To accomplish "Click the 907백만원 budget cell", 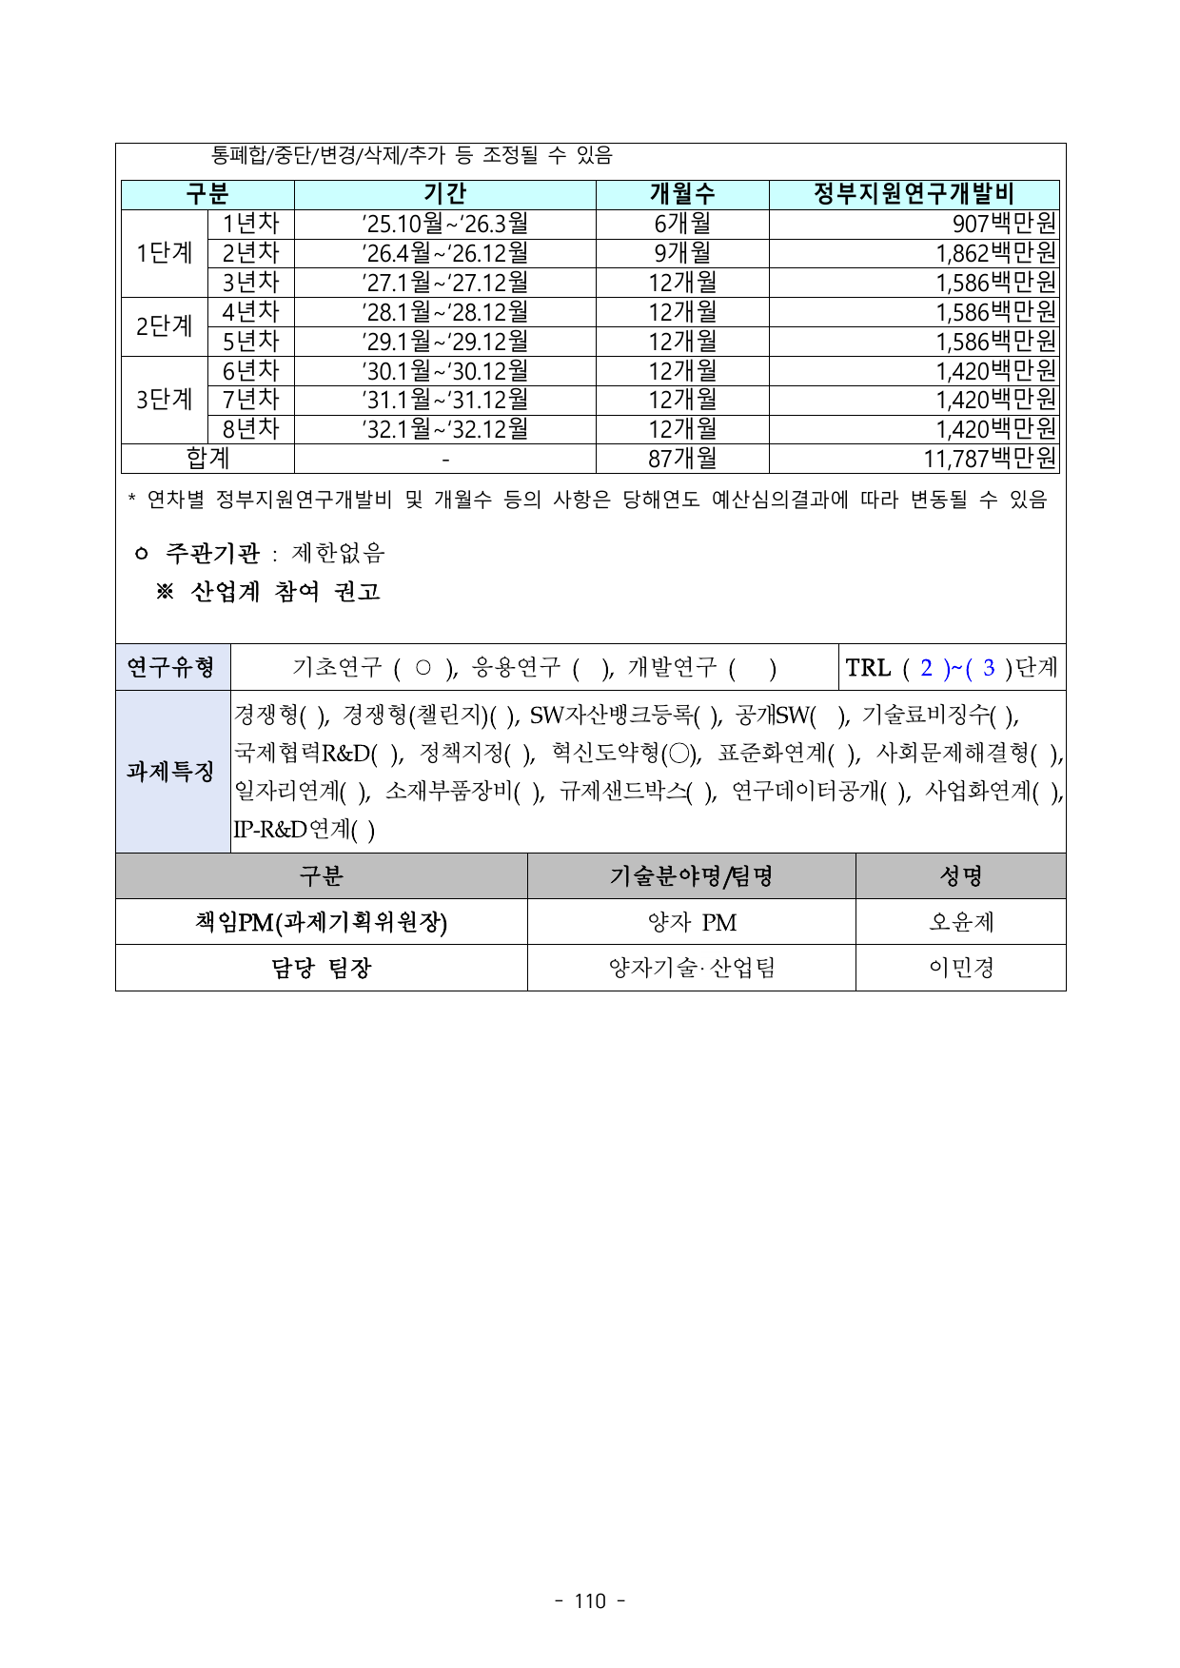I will point(1004,224).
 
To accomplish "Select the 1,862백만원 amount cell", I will point(996,253).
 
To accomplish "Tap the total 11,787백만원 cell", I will point(990,459).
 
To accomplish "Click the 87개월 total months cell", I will point(682,459).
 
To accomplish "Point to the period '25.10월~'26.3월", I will point(445,224).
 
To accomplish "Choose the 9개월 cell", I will point(682,253).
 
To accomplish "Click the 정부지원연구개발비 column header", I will point(914,194).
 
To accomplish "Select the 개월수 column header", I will point(682,194).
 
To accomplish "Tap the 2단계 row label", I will point(165,326).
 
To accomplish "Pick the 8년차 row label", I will point(251,429).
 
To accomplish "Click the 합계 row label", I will point(207,459).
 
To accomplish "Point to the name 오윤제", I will point(961,922).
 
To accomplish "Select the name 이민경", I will point(961,968).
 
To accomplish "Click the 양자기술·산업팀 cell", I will point(692,968).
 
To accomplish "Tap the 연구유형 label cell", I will point(172,667).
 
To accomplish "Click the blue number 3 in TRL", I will point(989,668).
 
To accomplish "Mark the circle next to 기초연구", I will point(423,668).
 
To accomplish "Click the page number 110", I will point(590,1601).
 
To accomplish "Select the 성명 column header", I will point(961,875).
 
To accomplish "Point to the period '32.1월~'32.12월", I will point(445,429).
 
